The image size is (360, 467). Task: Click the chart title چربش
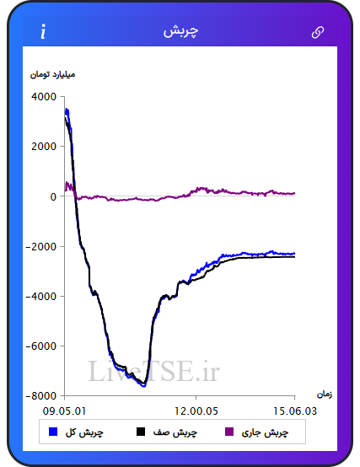point(180,31)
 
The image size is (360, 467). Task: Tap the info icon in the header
point(44,31)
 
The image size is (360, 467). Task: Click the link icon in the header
point(318,33)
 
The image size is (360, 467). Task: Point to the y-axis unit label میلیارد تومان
point(53,74)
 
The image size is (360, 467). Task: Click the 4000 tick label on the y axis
point(44,97)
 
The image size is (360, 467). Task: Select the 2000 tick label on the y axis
point(44,147)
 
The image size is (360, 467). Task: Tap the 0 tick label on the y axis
point(53,196)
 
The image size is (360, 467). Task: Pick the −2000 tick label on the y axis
point(41,247)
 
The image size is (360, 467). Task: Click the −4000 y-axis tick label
point(41,297)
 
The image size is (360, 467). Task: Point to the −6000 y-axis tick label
point(41,346)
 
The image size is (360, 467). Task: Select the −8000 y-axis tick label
point(41,396)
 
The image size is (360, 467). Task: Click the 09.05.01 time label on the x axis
point(65,411)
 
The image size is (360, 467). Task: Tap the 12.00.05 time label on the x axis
point(196,411)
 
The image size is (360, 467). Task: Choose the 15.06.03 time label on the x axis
point(295,411)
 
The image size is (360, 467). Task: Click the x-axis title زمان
point(325,395)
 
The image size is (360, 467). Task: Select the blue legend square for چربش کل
point(53,432)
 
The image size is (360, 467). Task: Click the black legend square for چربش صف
point(141,432)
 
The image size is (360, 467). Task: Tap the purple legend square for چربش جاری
point(229,432)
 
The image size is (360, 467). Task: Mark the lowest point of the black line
point(144,384)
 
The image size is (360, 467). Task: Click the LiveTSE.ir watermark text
point(153,371)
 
